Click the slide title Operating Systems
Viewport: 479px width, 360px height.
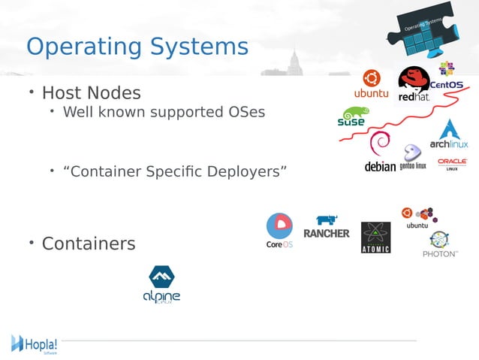point(137,47)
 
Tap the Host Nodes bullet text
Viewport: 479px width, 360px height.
point(91,93)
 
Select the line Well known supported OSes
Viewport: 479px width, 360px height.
point(164,113)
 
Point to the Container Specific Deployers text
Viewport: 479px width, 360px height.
point(175,171)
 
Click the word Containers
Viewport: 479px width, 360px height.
point(89,244)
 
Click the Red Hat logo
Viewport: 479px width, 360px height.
point(414,84)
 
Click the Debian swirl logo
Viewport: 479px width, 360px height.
point(380,153)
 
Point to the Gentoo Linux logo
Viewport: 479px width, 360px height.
point(412,157)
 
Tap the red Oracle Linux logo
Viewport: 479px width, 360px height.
point(452,163)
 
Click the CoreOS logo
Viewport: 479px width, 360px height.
point(279,231)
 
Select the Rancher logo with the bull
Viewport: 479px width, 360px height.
point(326,227)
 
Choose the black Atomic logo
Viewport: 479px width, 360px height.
point(375,237)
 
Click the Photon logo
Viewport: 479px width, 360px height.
point(440,245)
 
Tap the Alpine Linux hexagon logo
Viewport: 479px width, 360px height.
point(162,284)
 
